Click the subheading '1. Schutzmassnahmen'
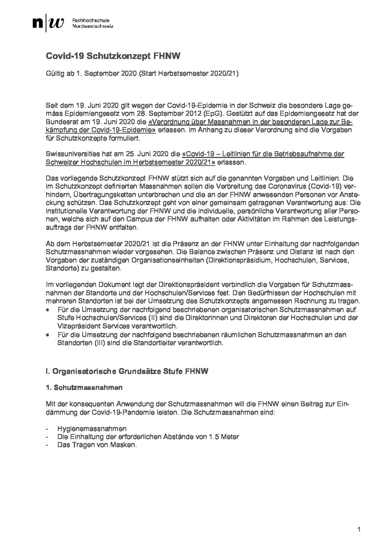tap(84, 388)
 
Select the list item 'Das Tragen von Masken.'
tap(97, 445)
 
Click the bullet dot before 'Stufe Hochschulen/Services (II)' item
tap(48, 309)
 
